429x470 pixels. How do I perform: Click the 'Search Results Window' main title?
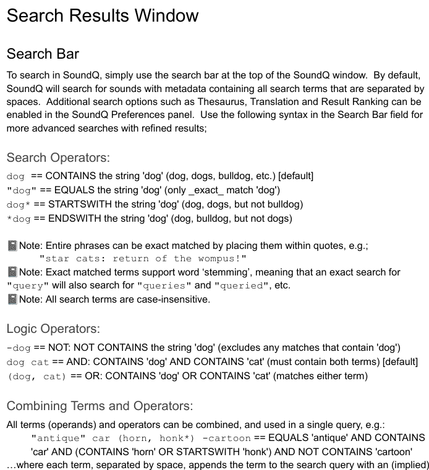[x=103, y=15]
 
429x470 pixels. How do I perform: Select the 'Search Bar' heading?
[x=43, y=54]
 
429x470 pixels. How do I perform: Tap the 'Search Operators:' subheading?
[x=58, y=157]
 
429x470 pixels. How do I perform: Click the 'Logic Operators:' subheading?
[x=53, y=329]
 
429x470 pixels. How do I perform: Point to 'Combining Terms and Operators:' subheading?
[x=100, y=406]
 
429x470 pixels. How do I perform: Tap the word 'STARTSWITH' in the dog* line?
[x=77, y=204]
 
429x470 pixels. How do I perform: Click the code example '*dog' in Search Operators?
[x=18, y=219]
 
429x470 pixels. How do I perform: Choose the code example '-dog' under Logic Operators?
[x=18, y=348]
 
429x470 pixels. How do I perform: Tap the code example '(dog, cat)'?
[x=36, y=376]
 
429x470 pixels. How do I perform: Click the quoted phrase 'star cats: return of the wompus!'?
[x=143, y=259]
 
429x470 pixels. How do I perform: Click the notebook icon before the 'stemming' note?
[x=12, y=272]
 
